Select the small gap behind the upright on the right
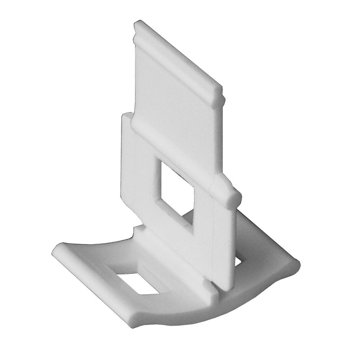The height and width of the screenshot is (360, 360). point(238,261)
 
